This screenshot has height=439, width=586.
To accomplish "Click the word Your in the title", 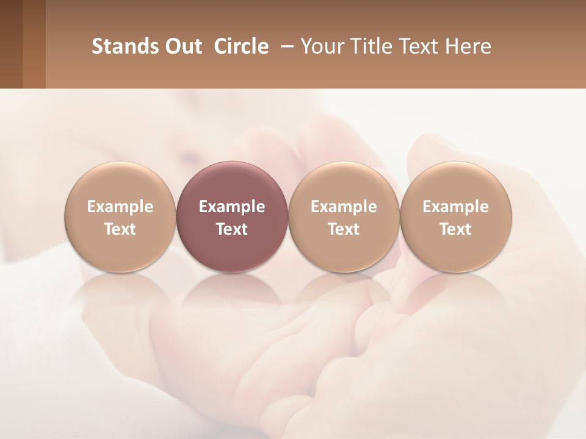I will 322,46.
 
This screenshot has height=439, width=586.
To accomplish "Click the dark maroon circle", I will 232,183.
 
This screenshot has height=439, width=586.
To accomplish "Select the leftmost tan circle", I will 120,183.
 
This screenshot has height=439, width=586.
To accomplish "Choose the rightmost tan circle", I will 456,183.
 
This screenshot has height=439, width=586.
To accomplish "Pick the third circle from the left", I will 344,183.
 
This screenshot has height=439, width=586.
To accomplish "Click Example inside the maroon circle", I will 232,207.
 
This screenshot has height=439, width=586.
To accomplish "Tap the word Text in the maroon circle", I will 232,229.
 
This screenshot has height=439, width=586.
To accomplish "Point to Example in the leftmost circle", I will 120,207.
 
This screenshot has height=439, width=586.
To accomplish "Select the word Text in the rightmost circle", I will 456,229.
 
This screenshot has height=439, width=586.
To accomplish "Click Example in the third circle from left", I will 344,207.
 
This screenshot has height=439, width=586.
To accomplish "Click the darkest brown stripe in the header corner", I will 11,44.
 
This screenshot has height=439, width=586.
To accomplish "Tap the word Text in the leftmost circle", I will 120,229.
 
